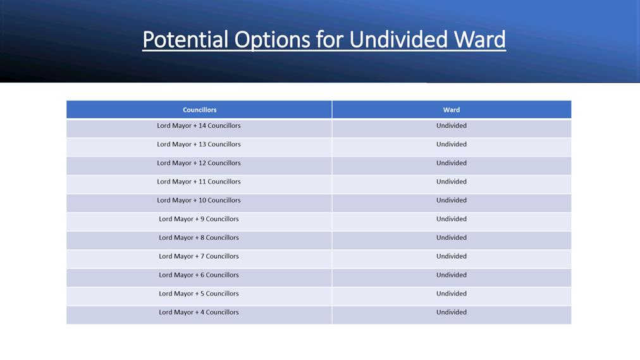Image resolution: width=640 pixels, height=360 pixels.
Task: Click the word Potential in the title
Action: pyautogui.click(x=185, y=40)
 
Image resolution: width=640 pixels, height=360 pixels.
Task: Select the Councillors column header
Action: pyautogui.click(x=200, y=110)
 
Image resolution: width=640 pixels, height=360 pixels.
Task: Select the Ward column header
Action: pyautogui.click(x=452, y=110)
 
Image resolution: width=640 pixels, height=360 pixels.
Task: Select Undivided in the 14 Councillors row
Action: pyautogui.click(x=452, y=126)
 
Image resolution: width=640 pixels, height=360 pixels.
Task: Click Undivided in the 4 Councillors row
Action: pyautogui.click(x=452, y=313)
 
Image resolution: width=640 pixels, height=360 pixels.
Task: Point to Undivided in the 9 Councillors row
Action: pyautogui.click(x=452, y=219)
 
